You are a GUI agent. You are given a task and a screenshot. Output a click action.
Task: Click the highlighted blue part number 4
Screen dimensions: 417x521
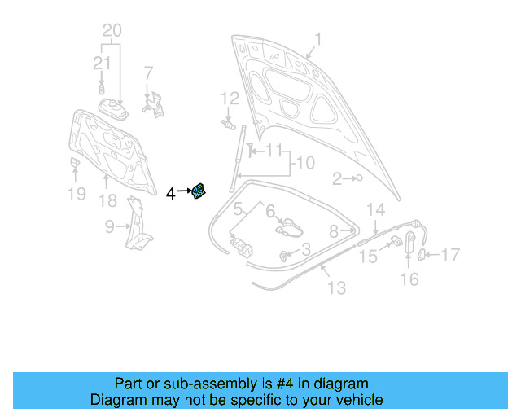[199, 192]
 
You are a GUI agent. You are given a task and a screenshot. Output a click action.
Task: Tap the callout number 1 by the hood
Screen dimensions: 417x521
[318, 39]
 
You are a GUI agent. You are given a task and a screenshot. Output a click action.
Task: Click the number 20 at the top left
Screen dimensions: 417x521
[112, 31]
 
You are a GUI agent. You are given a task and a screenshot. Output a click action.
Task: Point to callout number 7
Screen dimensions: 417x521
[148, 73]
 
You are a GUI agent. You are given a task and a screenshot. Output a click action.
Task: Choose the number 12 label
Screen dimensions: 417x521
[230, 99]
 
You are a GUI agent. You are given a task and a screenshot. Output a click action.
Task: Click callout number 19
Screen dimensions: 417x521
[76, 193]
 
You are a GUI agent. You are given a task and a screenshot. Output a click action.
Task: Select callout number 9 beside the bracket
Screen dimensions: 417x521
[109, 227]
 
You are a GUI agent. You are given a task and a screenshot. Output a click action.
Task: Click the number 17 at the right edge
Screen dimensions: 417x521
[450, 255]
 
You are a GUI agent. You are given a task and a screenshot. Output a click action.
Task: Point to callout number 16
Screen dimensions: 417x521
[409, 279]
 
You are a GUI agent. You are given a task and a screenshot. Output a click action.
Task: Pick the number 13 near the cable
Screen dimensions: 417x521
[336, 288]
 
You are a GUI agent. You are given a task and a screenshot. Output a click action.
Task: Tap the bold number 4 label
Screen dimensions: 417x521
[170, 193]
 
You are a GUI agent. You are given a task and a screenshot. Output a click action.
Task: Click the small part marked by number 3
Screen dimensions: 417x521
[284, 257]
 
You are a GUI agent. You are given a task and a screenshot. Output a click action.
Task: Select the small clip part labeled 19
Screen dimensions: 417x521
[72, 166]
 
